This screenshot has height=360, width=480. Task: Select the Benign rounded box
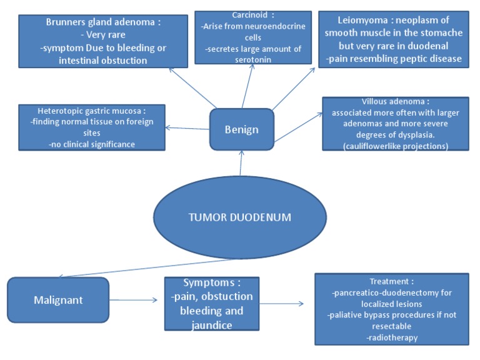pyautogui.click(x=241, y=129)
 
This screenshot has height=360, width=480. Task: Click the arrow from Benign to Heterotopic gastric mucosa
pyautogui.click(x=187, y=128)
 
